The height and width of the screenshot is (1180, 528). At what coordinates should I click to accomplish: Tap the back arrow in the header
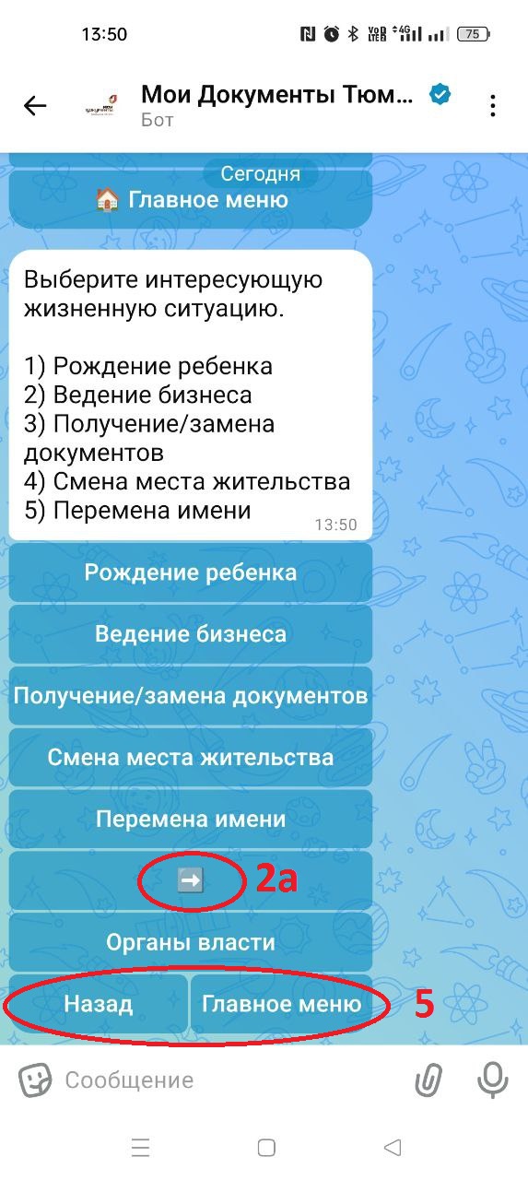pos(35,106)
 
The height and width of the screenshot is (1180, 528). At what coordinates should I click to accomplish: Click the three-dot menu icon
pos(492,106)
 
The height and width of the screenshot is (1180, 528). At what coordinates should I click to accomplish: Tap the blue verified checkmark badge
pos(440,95)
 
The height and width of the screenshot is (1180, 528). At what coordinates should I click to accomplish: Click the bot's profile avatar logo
pos(101,106)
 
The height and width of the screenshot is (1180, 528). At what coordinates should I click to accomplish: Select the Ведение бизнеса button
pos(191,633)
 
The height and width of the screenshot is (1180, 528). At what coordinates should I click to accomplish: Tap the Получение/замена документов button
pos(191,695)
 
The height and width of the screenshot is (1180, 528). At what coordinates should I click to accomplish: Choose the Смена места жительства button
pos(191,757)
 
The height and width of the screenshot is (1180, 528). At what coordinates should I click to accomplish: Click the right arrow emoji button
pos(191,880)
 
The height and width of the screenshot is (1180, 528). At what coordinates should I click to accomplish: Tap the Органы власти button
pos(191,942)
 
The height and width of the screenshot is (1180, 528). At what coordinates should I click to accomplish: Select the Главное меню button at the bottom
pos(282,1004)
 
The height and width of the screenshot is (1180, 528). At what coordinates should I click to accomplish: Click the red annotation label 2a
pos(276,879)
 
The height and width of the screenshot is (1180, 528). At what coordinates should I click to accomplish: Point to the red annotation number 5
pos(424,1004)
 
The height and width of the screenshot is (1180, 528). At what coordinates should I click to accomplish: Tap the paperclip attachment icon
pos(428,1080)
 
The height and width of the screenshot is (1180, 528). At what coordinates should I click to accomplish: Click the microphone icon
pos(493,1080)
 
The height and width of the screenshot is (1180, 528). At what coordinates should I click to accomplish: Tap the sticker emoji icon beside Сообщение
pos(35,1080)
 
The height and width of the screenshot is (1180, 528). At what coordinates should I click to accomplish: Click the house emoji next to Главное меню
pos(107,200)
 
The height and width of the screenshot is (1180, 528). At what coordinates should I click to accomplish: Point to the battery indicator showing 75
pos(474,34)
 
